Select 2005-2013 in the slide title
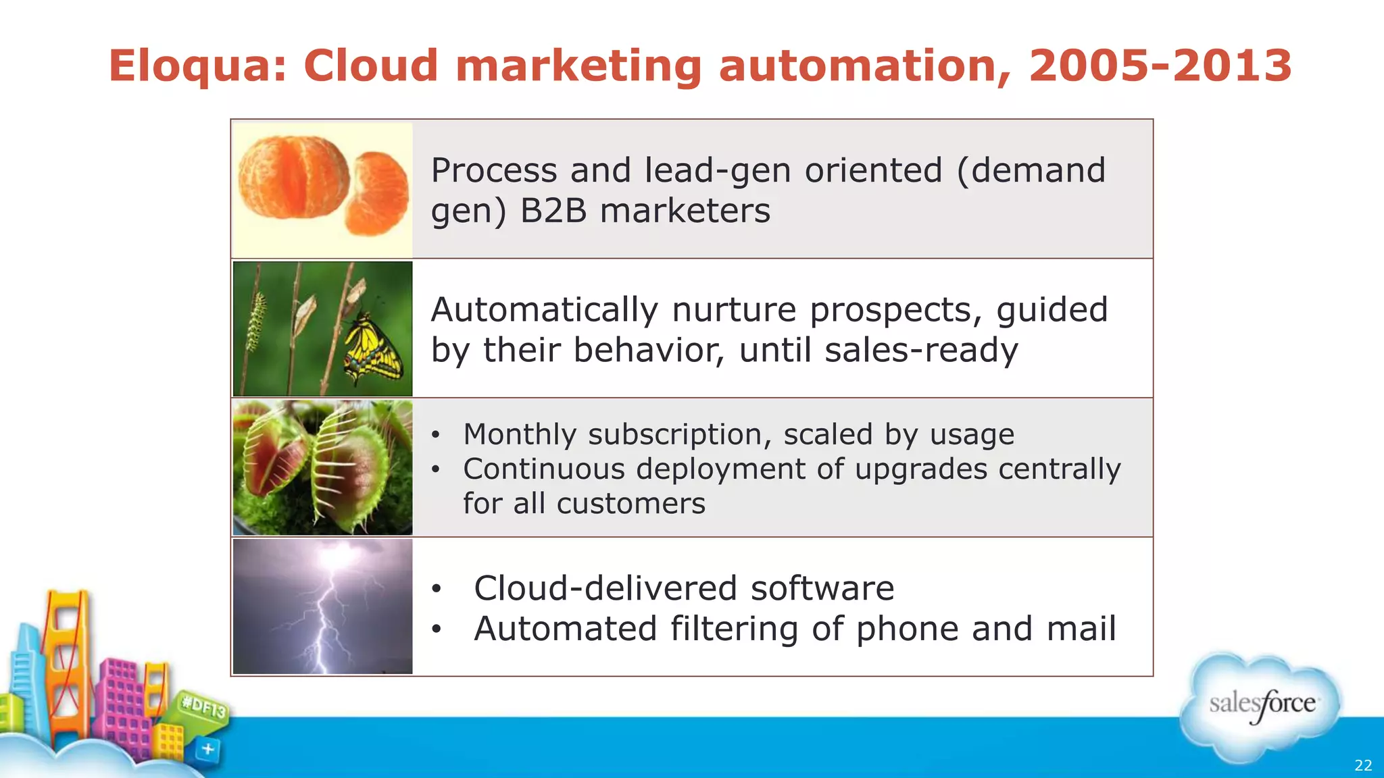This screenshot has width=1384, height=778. coord(1160,66)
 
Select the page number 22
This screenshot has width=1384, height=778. coord(1363,765)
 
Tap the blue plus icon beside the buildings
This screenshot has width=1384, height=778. coord(208,749)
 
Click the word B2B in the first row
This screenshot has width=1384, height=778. coord(553,211)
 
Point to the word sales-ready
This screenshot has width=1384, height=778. coord(920,351)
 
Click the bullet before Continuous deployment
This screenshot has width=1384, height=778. coord(437,469)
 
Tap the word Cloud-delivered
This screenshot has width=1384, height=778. coord(605,588)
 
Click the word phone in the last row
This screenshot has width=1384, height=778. coord(907,629)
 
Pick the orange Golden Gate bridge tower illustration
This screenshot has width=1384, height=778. coord(68,648)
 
